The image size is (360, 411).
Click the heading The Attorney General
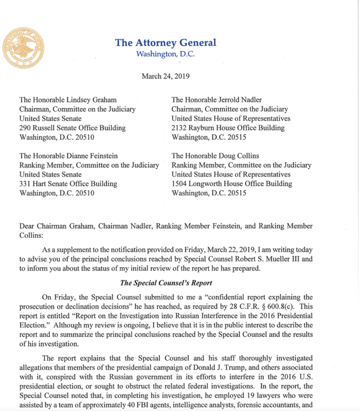pos(166,43)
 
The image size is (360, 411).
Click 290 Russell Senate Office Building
pos(72,128)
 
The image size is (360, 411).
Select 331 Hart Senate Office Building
pos(68,184)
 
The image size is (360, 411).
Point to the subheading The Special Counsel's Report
pos(165,282)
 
